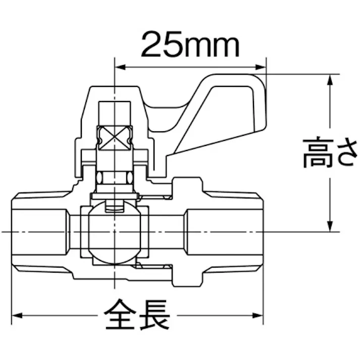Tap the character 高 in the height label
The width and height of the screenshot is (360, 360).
coord(318,152)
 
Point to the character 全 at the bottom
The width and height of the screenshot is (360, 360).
coord(120,315)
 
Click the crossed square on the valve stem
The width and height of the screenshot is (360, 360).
coord(115,136)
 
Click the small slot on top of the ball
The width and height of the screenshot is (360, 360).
coord(115,206)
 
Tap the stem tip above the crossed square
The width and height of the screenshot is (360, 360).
coord(115,111)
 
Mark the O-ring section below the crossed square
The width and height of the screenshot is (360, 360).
coord(115,178)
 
